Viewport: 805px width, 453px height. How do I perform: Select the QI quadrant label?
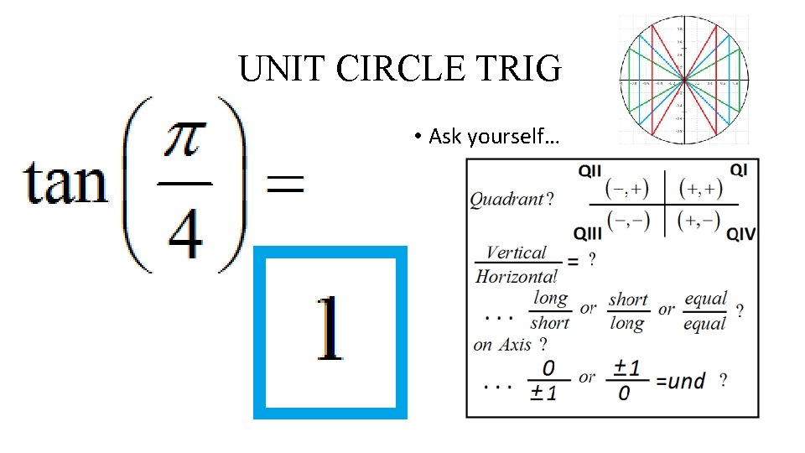point(739,169)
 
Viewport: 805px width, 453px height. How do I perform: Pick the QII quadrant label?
point(589,170)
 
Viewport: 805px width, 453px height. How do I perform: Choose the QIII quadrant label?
point(589,232)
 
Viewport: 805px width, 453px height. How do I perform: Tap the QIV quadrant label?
point(741,232)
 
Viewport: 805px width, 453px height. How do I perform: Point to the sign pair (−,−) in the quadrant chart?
point(628,220)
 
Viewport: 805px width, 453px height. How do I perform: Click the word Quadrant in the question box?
point(506,199)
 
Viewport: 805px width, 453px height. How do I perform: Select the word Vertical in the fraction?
point(516,253)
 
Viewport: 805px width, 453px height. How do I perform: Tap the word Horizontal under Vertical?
point(516,275)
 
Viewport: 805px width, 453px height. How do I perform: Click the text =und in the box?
point(680,382)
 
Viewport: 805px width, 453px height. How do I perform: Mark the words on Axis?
point(503,344)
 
